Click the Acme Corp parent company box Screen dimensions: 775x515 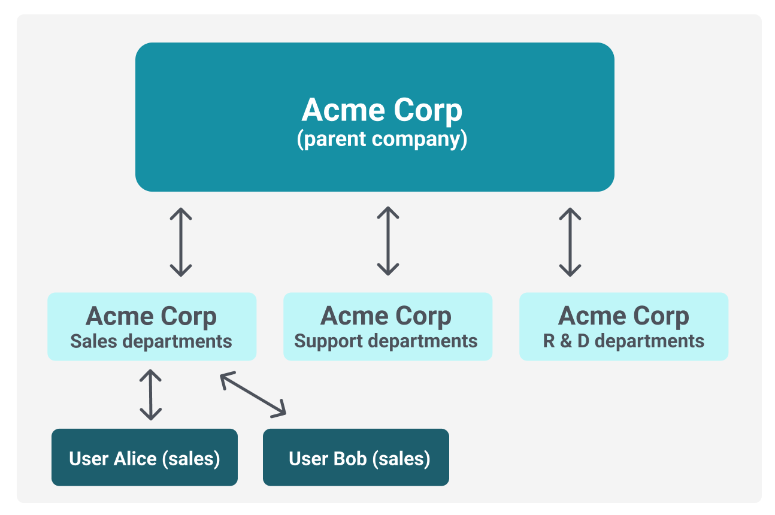tap(375, 117)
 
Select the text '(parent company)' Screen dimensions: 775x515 tap(382, 139)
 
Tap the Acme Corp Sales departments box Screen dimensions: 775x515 tap(152, 326)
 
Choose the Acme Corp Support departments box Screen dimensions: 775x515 tap(388, 326)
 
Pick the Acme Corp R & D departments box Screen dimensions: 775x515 tap(624, 326)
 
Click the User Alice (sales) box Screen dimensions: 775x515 tap(144, 458)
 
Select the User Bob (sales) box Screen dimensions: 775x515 tap(356, 458)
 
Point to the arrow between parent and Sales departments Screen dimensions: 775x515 tap(181, 242)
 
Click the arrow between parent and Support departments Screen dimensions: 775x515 tap(388, 241)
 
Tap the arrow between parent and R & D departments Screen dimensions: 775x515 tap(570, 242)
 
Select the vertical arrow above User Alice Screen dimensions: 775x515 tap(150, 395)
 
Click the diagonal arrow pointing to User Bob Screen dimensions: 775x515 tap(253, 395)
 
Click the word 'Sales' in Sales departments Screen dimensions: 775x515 tap(94, 341)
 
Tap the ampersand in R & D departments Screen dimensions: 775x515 tap(566, 341)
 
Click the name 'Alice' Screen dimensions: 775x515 tap(135, 459)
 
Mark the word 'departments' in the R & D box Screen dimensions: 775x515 tap(649, 342)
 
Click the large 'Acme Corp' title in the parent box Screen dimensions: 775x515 tap(382, 110)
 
